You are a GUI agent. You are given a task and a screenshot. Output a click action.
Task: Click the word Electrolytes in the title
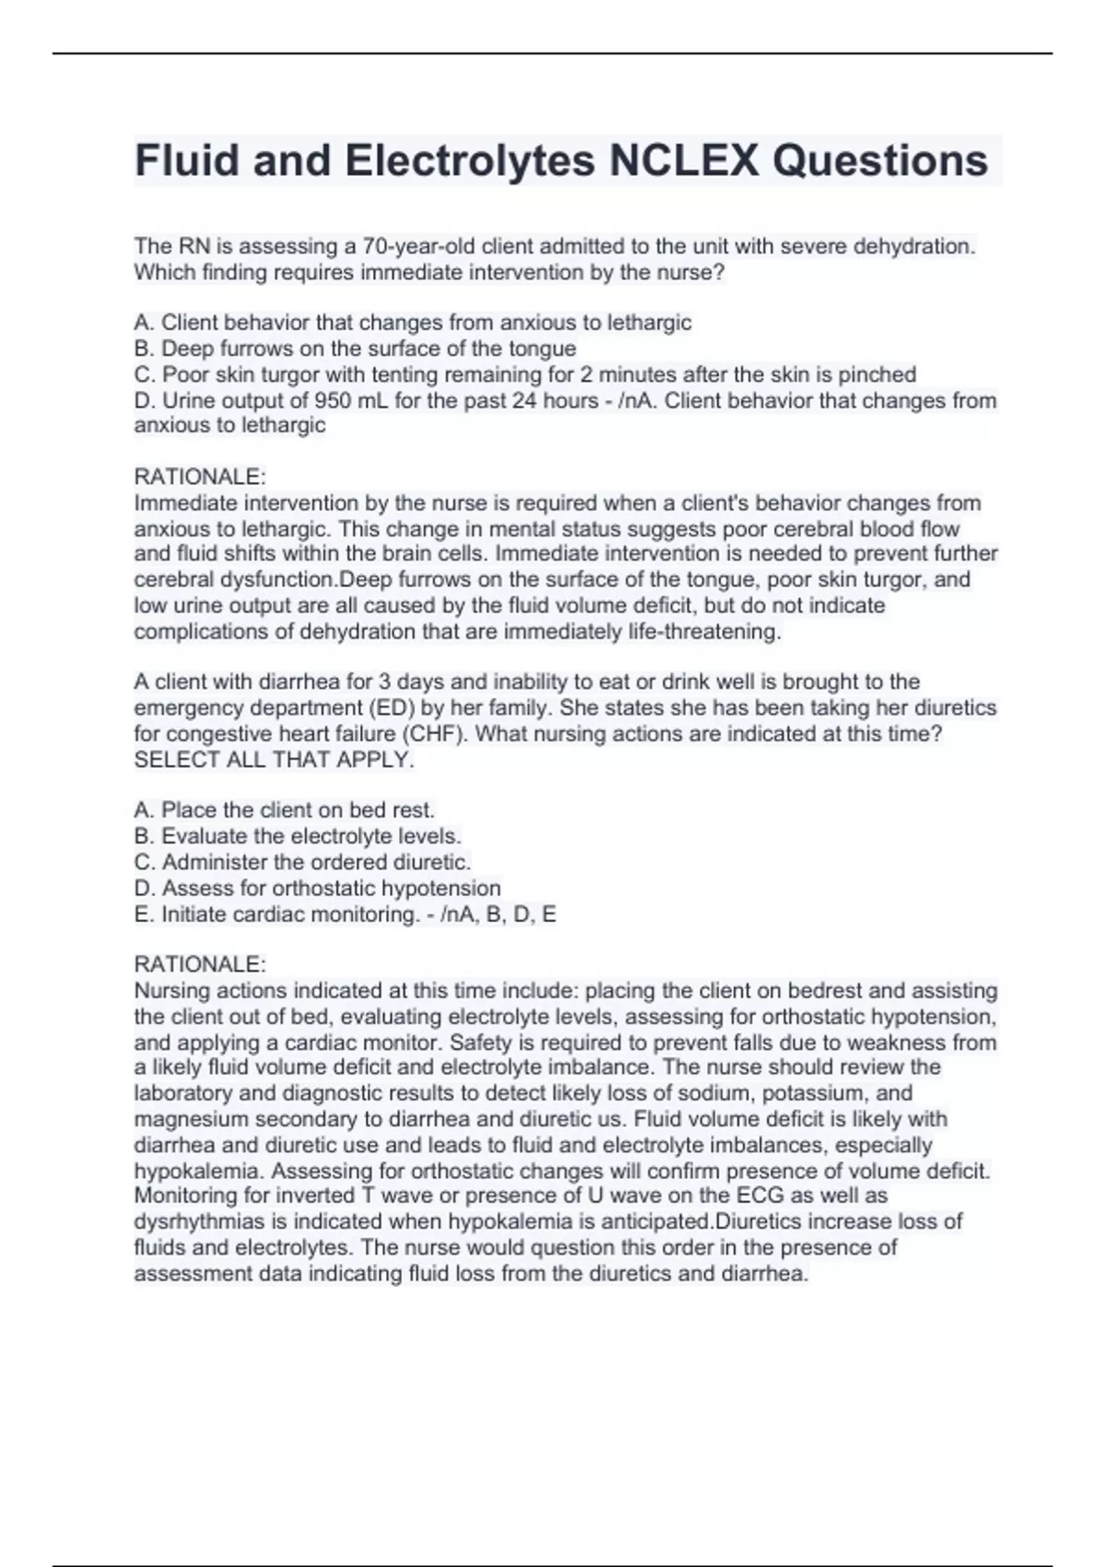pyautogui.click(x=470, y=160)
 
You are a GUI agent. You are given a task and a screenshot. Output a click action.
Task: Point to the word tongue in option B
pyautogui.click(x=542, y=348)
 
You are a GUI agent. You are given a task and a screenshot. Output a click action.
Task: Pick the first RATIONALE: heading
pyautogui.click(x=200, y=477)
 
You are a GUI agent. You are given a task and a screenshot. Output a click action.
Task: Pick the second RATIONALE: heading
pyautogui.click(x=200, y=964)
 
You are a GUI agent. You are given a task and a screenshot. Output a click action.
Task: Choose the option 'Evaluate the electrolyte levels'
pyautogui.click(x=311, y=836)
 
